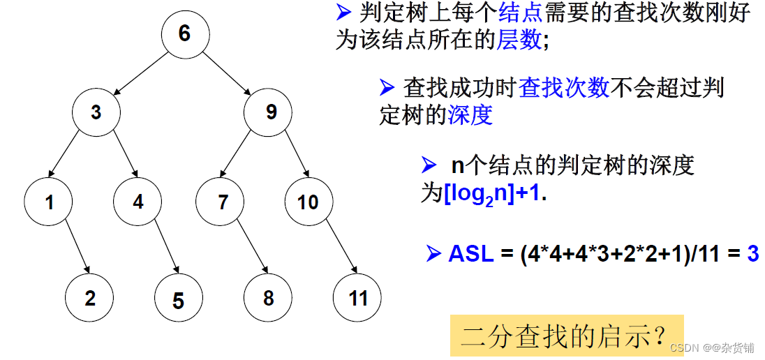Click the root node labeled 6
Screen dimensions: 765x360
pos(184,34)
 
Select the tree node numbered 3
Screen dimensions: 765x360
pos(96,112)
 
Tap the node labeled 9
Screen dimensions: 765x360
pos(271,112)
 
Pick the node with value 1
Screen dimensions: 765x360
pos(50,202)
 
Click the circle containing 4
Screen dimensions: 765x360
pos(138,202)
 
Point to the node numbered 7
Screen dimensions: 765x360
pos(223,202)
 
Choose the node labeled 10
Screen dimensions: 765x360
pos(308,202)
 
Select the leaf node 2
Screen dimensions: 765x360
pos(90,298)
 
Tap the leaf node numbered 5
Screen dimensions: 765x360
pos(178,300)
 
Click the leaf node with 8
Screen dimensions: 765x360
pos(268,298)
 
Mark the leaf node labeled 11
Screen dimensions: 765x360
pos(358,298)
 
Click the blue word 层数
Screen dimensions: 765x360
pos(518,40)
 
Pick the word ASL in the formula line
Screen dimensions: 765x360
pos(471,254)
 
